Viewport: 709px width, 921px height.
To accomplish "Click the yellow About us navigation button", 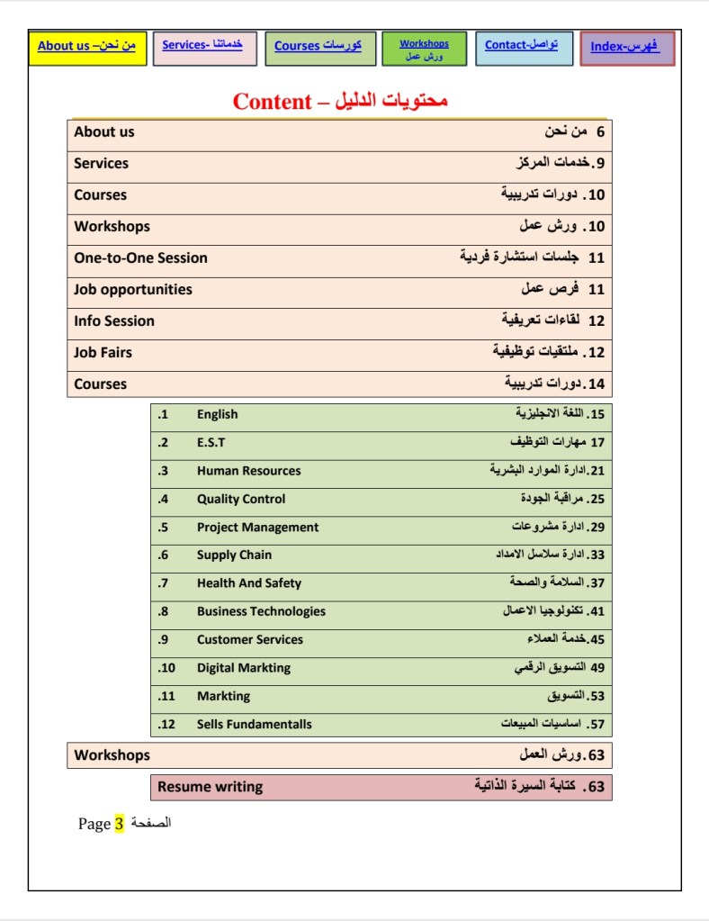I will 87,47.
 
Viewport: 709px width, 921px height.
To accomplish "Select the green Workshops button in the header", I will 424,49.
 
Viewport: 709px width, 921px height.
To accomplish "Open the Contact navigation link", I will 523,47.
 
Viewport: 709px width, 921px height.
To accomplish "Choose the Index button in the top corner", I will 627,49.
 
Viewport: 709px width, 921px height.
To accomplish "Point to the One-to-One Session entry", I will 140,258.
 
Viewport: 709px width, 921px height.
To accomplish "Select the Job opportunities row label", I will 133,290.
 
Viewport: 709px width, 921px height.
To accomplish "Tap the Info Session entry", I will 114,321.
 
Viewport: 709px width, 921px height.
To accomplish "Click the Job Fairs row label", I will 103,353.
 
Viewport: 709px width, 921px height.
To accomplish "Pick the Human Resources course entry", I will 248,471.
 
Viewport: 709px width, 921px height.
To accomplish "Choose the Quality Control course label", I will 241,499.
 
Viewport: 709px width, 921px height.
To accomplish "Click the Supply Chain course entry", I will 234,555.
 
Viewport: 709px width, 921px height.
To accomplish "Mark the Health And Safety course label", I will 249,583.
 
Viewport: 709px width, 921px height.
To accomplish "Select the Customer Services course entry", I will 250,640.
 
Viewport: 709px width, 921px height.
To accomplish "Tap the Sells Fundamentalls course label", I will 255,725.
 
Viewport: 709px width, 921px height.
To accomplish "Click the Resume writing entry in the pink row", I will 211,787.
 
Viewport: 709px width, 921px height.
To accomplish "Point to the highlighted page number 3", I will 119,824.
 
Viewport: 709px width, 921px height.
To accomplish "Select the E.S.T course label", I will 211,443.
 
